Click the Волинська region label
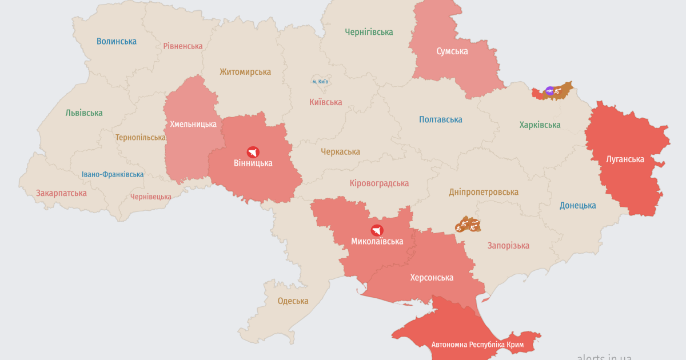[x=117, y=41]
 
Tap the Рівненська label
[x=183, y=46]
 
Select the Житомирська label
[x=245, y=72]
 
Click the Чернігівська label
[x=369, y=33]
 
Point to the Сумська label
[x=452, y=51]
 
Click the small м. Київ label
[x=320, y=82]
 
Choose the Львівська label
[x=84, y=113]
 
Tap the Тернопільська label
[x=141, y=138]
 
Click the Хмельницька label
[x=193, y=124]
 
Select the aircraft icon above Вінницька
[x=253, y=152]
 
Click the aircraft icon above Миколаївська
[x=377, y=230]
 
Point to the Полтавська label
[x=440, y=119]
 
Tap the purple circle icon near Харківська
[x=549, y=90]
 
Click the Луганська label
[x=625, y=159]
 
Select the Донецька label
[x=577, y=206]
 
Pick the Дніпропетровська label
[x=484, y=192]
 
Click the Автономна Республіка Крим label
[x=477, y=345]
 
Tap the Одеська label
[x=293, y=301]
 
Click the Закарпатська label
[x=61, y=193]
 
